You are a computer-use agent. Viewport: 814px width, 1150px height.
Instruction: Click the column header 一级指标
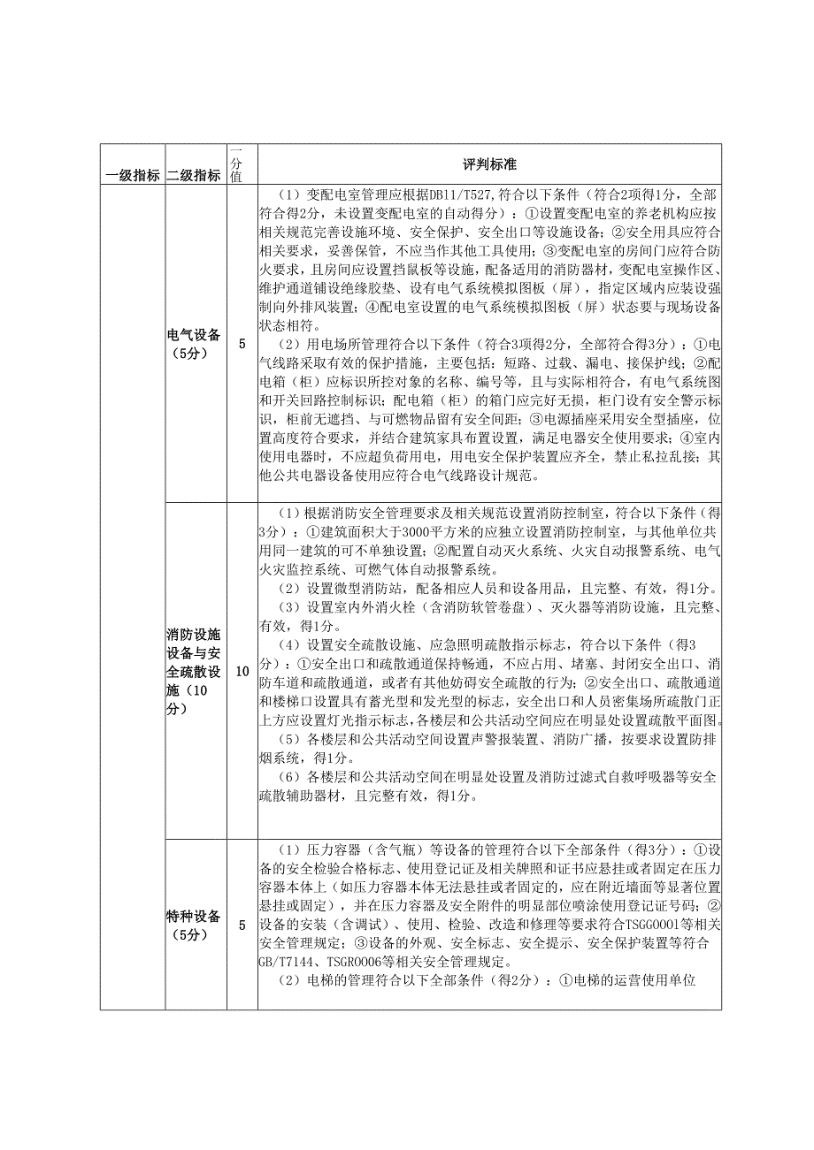tap(133, 175)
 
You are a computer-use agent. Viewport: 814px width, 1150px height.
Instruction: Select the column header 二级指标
tap(195, 175)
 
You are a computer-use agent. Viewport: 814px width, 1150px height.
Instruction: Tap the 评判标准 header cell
tap(489, 164)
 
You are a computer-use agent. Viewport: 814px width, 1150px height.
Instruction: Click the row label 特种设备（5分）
tap(195, 925)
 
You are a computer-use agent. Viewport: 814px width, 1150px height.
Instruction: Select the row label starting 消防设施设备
tap(195, 672)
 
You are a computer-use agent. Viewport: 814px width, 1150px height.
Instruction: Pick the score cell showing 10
tap(242, 672)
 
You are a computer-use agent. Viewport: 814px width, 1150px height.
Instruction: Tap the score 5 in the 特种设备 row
tap(242, 925)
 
